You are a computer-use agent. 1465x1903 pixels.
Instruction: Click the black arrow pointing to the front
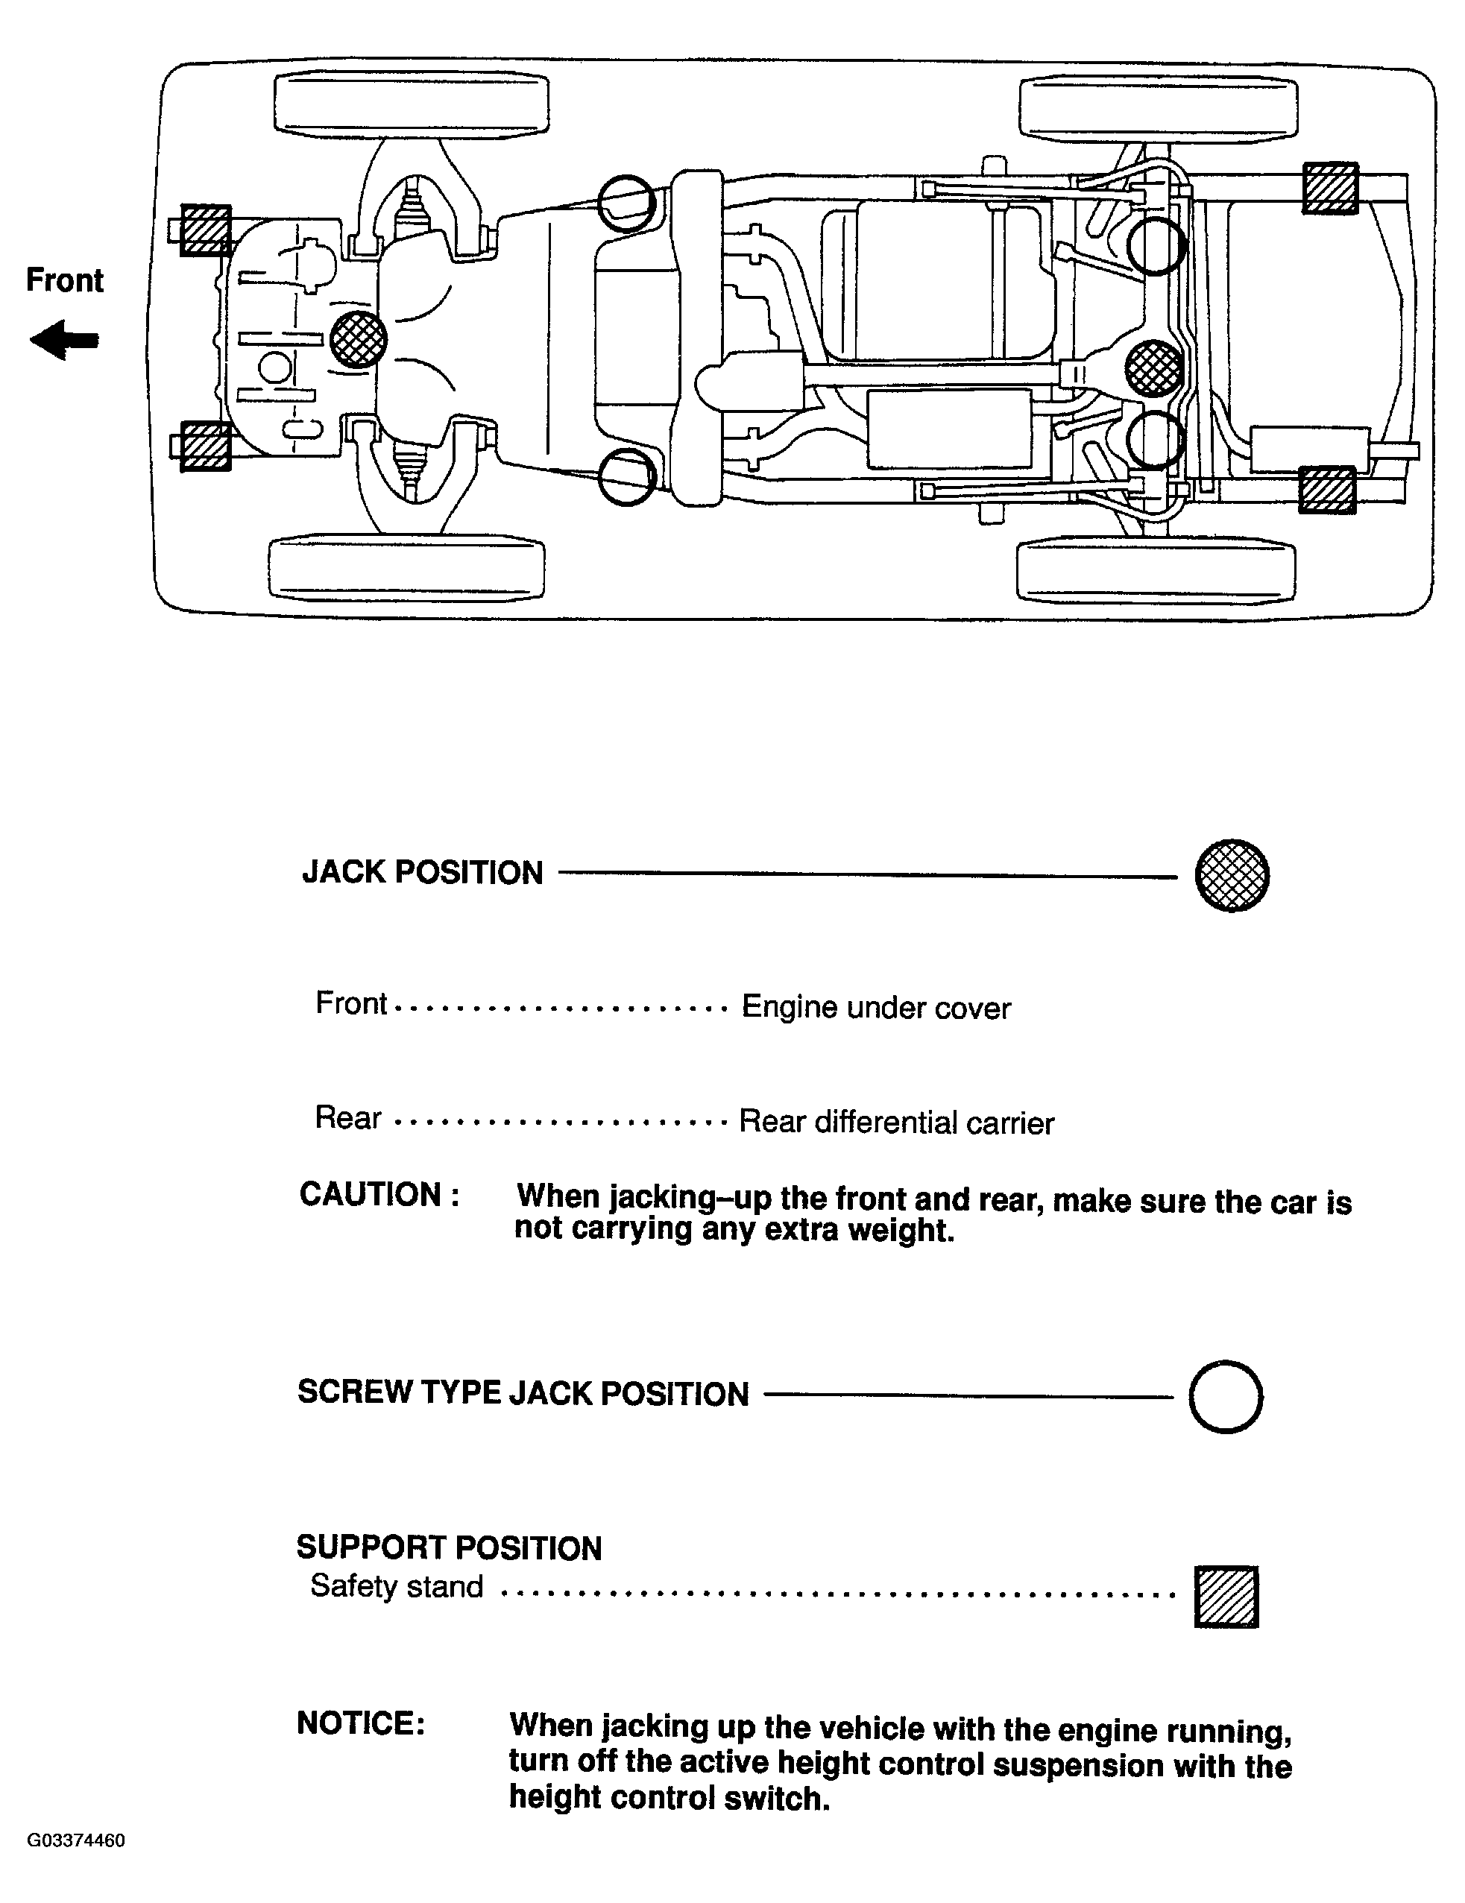point(63,340)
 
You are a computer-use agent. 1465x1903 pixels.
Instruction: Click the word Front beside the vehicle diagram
point(65,280)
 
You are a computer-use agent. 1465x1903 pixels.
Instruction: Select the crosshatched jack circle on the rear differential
point(1154,367)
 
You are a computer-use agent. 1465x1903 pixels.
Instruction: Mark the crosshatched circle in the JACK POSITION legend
point(1232,875)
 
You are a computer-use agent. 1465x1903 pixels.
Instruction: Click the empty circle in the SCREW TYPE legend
point(1226,1396)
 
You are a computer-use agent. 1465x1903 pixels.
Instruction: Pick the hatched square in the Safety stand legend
point(1226,1597)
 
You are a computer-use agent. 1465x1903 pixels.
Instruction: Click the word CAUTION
point(379,1195)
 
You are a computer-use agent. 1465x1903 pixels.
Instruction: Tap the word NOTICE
point(361,1723)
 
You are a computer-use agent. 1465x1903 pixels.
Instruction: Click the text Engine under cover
point(876,1008)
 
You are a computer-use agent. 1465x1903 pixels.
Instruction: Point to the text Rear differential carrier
point(897,1123)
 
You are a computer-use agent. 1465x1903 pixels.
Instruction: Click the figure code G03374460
point(77,1840)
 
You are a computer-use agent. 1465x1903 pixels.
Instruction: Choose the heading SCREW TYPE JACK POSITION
point(523,1393)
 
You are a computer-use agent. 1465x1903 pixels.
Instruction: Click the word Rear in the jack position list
point(347,1117)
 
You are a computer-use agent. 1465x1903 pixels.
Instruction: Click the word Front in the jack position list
point(350,1004)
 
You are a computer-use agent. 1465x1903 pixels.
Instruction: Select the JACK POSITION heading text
point(423,872)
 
